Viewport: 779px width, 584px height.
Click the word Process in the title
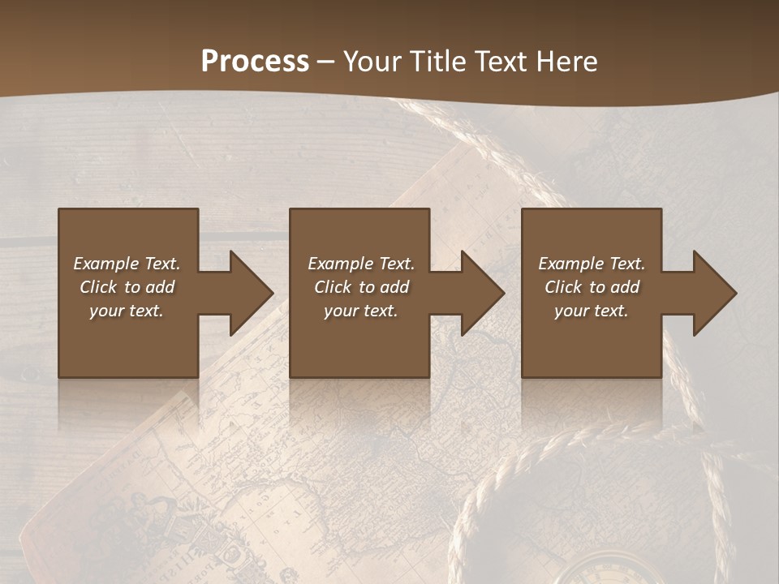click(x=255, y=62)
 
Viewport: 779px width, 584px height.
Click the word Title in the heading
click(x=438, y=62)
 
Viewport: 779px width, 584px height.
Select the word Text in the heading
click(x=501, y=62)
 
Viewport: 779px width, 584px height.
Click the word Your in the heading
click(x=374, y=62)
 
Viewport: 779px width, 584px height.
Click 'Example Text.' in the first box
click(x=127, y=264)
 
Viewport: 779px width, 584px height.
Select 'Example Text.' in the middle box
click(x=361, y=264)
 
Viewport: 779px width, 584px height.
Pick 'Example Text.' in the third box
click(x=592, y=264)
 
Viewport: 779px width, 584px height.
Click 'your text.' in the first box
click(x=127, y=311)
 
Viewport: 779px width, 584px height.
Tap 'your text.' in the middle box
click(x=361, y=311)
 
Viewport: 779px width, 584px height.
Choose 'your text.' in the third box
click(x=592, y=311)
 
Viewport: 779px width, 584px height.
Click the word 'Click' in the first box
click(x=98, y=287)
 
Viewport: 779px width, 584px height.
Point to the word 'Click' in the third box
click(x=564, y=287)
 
